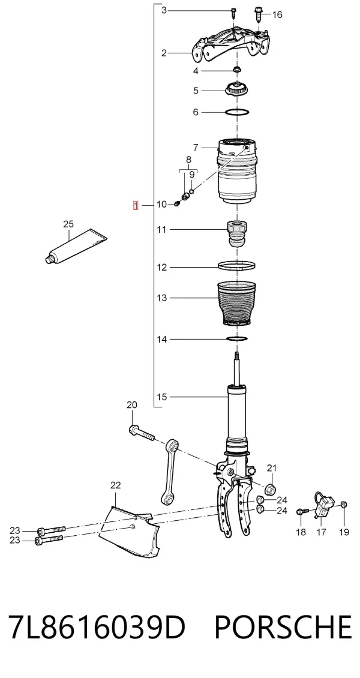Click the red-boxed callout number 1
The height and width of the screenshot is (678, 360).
point(136,205)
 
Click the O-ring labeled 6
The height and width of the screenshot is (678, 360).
point(237,112)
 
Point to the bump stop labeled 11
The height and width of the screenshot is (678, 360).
point(237,233)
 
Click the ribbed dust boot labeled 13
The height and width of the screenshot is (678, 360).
point(236,304)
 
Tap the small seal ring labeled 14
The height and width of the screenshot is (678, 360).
point(237,338)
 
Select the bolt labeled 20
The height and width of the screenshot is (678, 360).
point(142,433)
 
